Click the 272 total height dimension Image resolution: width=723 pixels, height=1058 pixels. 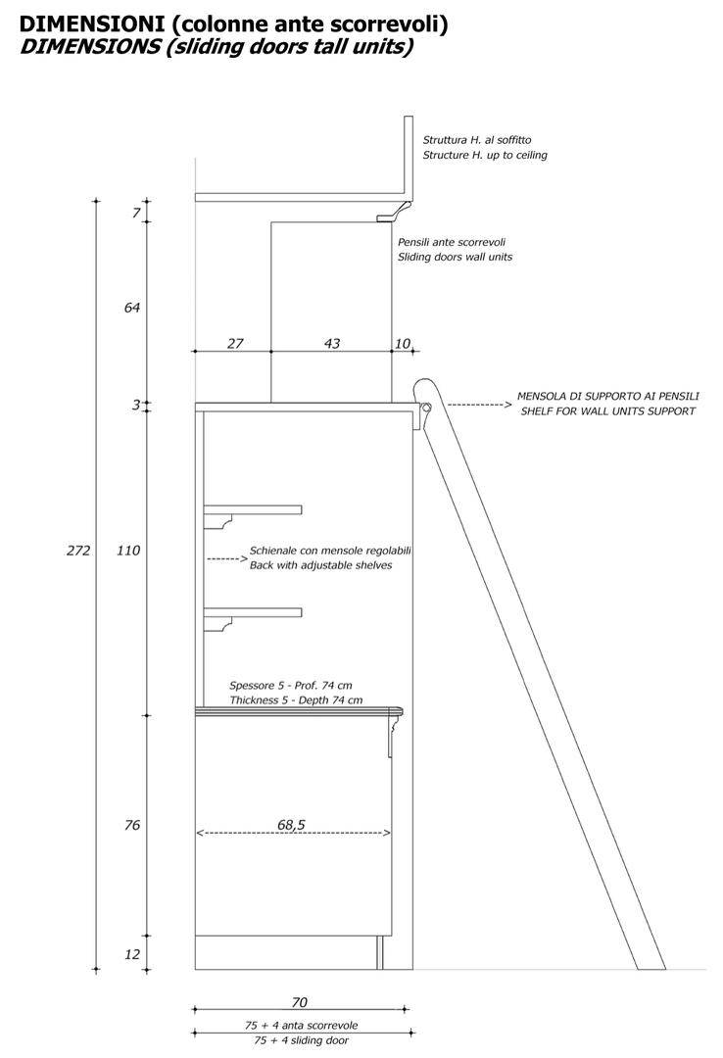[x=78, y=551]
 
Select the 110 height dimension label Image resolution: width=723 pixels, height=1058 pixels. [x=128, y=551]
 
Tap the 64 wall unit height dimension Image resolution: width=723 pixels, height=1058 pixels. [x=131, y=308]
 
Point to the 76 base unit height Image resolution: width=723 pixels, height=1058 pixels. [x=132, y=825]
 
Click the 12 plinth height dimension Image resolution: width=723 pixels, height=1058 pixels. [x=132, y=953]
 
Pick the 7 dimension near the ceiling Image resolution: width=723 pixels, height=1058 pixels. [x=136, y=214]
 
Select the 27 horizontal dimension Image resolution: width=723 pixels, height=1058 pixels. [x=235, y=344]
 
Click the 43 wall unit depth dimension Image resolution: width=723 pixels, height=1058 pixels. [x=332, y=344]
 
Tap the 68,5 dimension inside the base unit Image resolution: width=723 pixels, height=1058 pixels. [x=291, y=825]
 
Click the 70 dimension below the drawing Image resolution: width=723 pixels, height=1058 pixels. [x=299, y=1003]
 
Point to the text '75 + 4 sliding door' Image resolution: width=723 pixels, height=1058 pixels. [x=301, y=1040]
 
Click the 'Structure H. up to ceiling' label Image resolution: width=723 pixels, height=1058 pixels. [x=485, y=155]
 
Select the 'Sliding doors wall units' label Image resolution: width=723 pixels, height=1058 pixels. [x=455, y=257]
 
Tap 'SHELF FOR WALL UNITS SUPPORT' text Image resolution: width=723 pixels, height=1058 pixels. [x=607, y=410]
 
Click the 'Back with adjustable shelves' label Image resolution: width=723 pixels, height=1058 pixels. [x=320, y=565]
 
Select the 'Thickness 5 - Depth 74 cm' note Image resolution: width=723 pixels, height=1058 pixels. [x=296, y=700]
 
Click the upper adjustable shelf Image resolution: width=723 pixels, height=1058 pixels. [x=253, y=509]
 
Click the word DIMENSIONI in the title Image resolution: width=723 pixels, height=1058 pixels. [x=92, y=24]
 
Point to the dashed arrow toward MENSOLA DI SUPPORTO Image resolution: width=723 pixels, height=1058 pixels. [x=480, y=405]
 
